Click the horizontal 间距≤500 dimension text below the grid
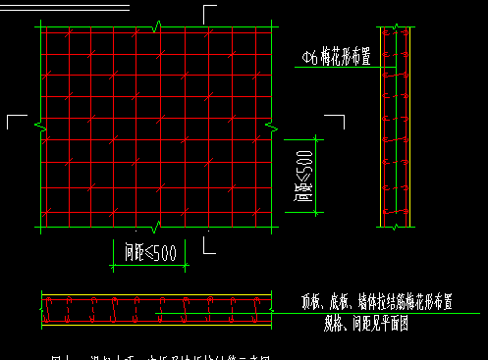(x=150, y=252)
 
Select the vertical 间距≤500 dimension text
(x=303, y=178)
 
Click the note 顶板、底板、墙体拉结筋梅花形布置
(x=376, y=303)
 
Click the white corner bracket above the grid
(x=209, y=12)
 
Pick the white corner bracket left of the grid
(x=15, y=120)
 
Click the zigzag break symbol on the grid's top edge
(x=157, y=25)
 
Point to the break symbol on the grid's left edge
(x=39, y=125)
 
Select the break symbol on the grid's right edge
(x=274, y=125)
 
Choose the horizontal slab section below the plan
(x=155, y=309)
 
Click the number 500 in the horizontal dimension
(x=164, y=252)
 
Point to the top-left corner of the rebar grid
(x=40, y=27)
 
